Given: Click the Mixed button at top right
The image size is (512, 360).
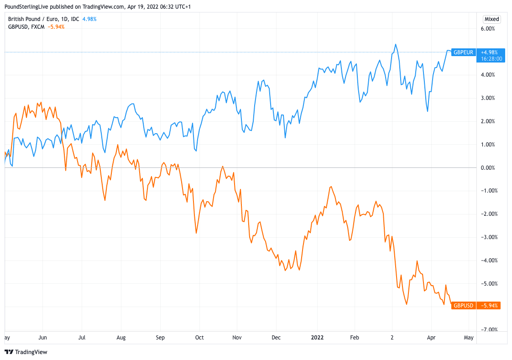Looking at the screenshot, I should [492, 19].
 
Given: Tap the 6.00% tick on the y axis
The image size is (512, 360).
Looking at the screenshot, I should [488, 28].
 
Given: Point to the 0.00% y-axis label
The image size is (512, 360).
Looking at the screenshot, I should [488, 168].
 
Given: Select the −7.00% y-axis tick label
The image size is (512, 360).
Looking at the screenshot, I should [487, 329].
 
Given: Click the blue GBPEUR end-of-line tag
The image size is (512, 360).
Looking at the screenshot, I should [463, 52].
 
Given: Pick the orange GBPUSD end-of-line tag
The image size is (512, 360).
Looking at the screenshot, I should [463, 305].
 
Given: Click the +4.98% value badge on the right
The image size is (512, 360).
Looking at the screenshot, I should [490, 52].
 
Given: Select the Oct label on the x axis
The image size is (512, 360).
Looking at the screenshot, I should [199, 338].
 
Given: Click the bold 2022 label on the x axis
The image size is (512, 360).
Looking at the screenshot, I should [317, 338].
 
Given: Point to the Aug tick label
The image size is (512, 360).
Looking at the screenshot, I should [121, 338].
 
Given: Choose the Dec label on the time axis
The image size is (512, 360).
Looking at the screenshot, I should [277, 338].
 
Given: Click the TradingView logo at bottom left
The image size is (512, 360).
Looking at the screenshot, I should [26, 352].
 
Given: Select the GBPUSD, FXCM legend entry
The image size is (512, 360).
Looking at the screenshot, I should [26, 26].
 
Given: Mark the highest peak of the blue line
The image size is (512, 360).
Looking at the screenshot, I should [396, 44].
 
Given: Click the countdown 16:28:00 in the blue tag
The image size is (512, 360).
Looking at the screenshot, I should [491, 58].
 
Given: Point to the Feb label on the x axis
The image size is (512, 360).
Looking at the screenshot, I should [355, 338].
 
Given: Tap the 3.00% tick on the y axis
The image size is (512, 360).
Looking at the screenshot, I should [488, 98].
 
